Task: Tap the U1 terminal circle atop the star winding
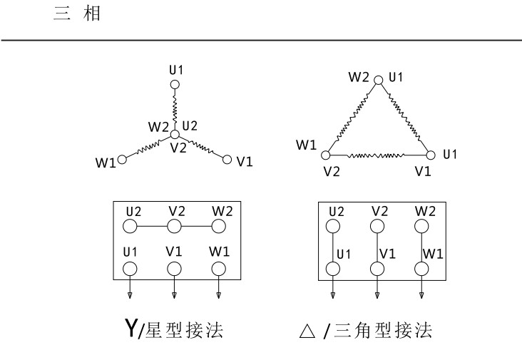[174, 86]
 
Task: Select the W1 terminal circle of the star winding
[122, 160]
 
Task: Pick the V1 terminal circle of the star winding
[227, 160]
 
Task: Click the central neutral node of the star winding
[174, 133]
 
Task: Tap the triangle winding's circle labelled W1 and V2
[326, 155]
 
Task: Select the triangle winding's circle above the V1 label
[430, 155]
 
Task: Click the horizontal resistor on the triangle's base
[378, 155]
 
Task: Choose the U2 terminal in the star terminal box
[130, 227]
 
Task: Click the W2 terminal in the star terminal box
[218, 227]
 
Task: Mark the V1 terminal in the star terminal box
[174, 269]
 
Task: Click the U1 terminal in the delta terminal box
[333, 269]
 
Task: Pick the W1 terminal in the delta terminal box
[421, 269]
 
